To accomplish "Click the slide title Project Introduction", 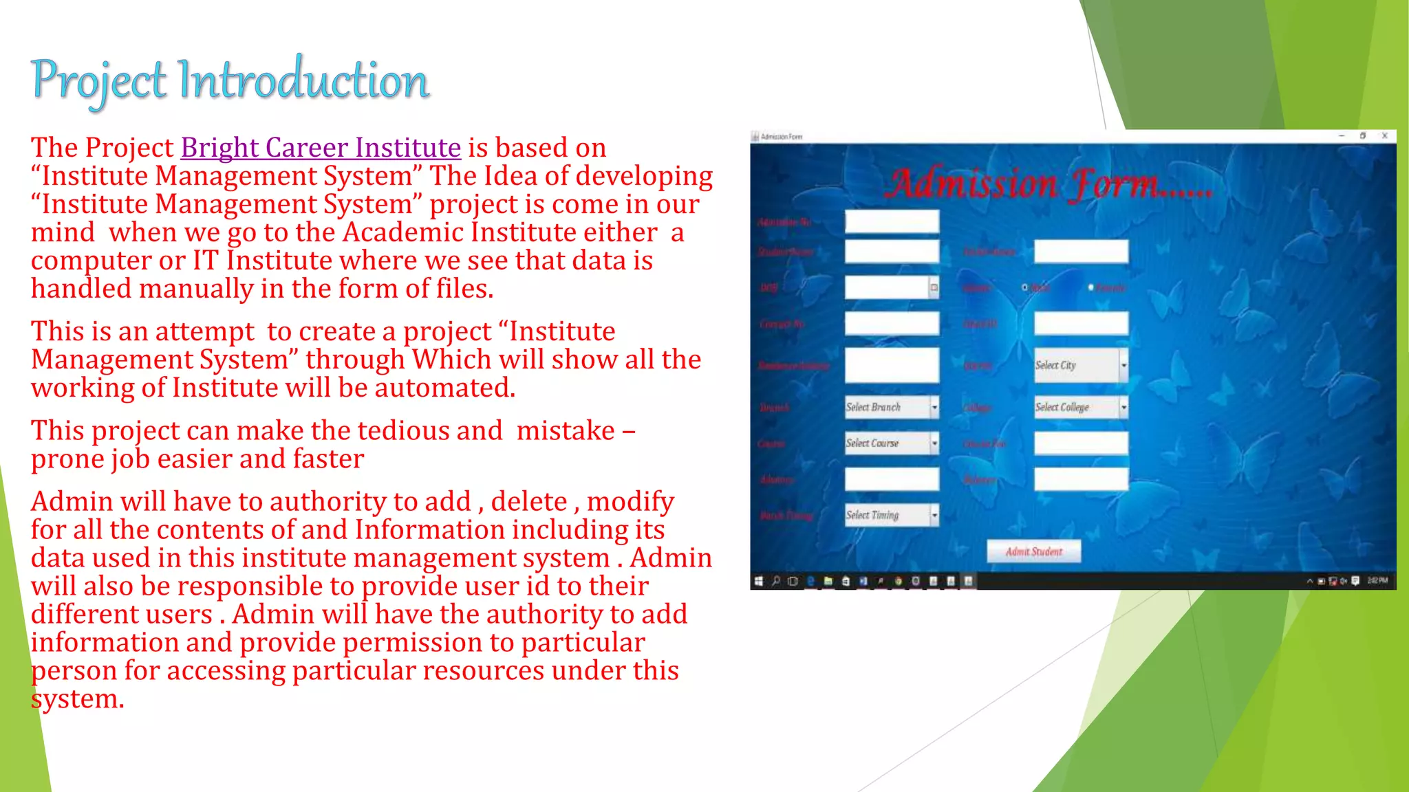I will [230, 80].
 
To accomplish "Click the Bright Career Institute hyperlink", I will [321, 148].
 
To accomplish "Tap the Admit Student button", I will [1033, 551].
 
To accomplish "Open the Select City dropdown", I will [1081, 365].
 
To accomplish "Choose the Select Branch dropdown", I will [892, 407].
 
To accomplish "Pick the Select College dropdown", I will [1081, 407].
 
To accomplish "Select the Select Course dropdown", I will [892, 443].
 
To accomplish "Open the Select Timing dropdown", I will [892, 515].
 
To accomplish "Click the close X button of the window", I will [1384, 136].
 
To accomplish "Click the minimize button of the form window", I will [1341, 136].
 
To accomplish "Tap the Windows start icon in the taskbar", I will [758, 582].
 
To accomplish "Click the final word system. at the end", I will [77, 699].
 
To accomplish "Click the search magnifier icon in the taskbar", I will [776, 582].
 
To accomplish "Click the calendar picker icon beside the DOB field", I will [934, 288].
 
